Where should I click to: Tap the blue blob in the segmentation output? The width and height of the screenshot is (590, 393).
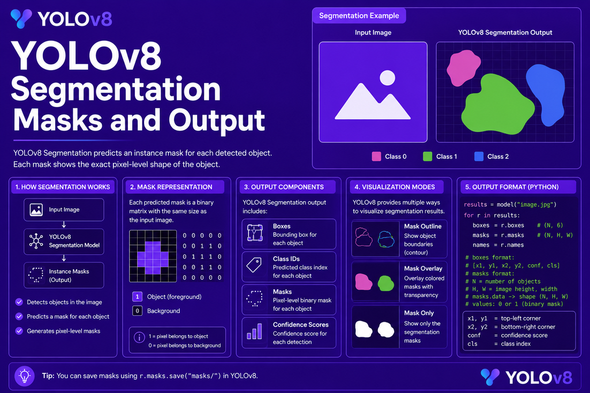click(x=546, y=94)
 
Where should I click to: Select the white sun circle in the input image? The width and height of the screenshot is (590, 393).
click(x=387, y=78)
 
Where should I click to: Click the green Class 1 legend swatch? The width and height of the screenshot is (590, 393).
click(x=428, y=157)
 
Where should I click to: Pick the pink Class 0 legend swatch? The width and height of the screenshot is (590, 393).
click(x=376, y=157)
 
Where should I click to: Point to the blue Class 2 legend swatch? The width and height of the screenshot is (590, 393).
click(x=479, y=157)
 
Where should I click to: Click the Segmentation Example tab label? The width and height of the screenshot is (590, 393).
click(x=359, y=16)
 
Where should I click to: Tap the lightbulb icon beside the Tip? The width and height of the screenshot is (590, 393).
click(x=24, y=376)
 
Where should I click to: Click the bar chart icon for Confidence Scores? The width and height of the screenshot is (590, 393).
click(x=254, y=331)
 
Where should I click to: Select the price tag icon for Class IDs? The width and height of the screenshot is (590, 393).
click(x=254, y=265)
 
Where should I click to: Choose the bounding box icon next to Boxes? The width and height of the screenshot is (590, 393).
click(x=255, y=232)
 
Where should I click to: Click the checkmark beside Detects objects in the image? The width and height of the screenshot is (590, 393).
click(x=19, y=302)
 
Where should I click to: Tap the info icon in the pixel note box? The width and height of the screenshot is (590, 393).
click(x=139, y=337)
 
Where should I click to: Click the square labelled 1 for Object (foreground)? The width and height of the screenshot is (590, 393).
click(x=137, y=297)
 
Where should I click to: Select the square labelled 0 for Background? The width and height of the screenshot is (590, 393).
click(x=137, y=311)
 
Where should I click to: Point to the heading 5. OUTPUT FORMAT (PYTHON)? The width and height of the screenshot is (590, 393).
click(x=512, y=187)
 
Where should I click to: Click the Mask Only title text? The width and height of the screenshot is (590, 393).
click(x=419, y=313)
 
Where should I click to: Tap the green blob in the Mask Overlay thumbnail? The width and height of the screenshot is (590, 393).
click(x=385, y=283)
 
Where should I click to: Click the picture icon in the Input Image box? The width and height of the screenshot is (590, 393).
click(x=36, y=209)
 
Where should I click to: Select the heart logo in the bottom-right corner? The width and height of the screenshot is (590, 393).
click(x=490, y=377)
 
